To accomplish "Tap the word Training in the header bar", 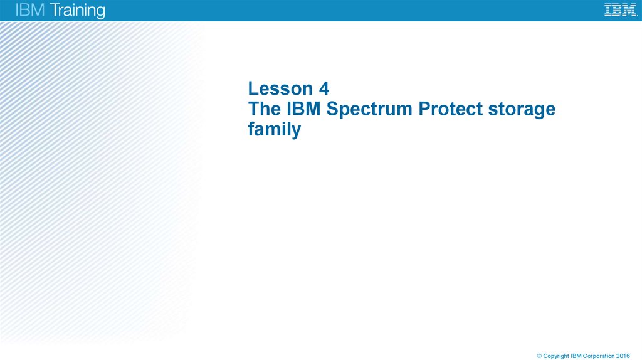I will click(75, 11).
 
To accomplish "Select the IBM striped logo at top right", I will click(620, 10).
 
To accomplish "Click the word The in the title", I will click(264, 109).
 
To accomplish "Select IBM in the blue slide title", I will click(303, 109).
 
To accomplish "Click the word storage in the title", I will click(524, 110).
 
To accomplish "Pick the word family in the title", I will click(275, 130).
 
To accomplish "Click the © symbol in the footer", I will click(539, 356).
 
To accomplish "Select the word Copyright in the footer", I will click(556, 356).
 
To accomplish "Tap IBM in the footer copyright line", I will click(576, 356).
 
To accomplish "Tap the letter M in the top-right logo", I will click(629, 10).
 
